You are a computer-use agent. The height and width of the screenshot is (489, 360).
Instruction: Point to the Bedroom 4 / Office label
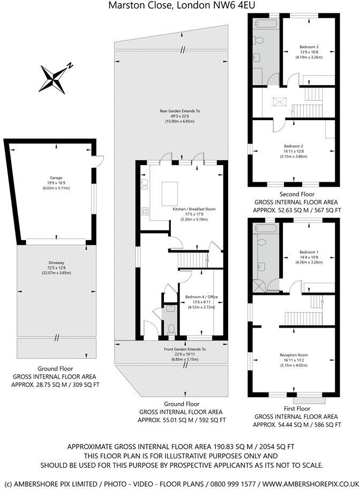click(202, 297)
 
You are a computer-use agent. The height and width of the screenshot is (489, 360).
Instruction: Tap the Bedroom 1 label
click(309, 251)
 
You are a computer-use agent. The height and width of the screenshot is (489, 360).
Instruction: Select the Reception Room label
click(294, 355)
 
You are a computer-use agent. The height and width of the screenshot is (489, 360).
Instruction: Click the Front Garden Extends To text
click(185, 349)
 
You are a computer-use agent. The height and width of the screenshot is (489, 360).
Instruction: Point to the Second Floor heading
click(297, 194)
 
